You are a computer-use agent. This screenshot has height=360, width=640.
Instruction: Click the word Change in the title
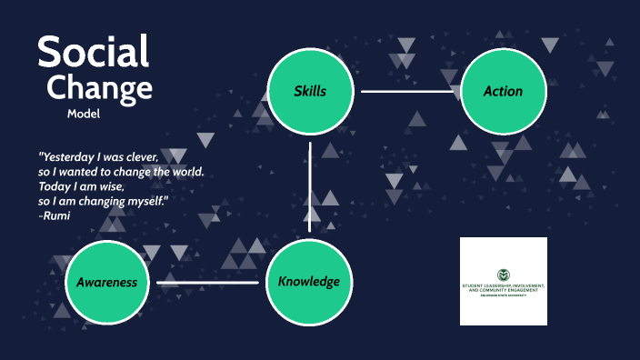(99, 88)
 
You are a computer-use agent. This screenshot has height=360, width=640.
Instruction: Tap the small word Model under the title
(83, 114)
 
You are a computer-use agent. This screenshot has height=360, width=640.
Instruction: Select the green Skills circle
(310, 91)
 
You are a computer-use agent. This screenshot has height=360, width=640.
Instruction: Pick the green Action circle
(503, 91)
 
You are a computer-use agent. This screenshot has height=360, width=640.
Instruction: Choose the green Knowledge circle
(309, 281)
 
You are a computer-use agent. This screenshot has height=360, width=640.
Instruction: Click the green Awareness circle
(106, 282)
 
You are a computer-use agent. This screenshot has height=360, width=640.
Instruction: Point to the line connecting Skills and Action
(406, 91)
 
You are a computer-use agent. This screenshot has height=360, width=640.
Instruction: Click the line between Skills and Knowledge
(310, 185)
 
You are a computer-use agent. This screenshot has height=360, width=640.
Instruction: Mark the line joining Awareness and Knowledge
(207, 283)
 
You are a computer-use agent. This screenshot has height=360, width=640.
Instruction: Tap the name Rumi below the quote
(56, 215)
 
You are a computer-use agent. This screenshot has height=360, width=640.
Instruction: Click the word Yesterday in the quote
(70, 156)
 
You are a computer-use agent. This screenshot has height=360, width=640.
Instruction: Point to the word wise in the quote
(121, 186)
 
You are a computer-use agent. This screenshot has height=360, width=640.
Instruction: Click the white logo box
(503, 281)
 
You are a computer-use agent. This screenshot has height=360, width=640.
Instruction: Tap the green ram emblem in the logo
(503, 275)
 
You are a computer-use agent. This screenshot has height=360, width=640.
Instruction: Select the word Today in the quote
(55, 186)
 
